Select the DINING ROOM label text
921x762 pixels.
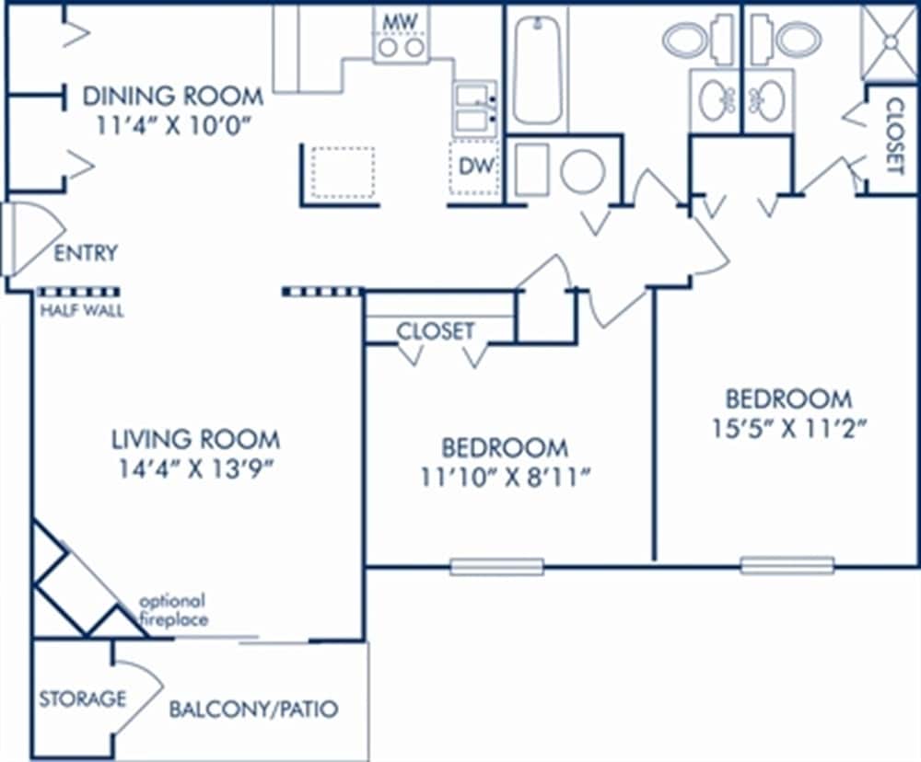click(173, 96)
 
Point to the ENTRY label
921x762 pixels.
click(86, 253)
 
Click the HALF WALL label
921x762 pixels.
click(81, 311)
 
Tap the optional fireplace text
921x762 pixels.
click(172, 610)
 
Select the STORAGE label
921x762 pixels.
click(82, 698)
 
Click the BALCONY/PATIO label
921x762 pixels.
click(253, 710)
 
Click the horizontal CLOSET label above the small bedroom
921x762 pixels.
click(436, 330)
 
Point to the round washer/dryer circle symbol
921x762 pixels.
click(582, 172)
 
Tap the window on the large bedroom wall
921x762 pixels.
click(787, 565)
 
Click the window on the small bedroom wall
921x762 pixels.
click(496, 567)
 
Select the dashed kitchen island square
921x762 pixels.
click(342, 172)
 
